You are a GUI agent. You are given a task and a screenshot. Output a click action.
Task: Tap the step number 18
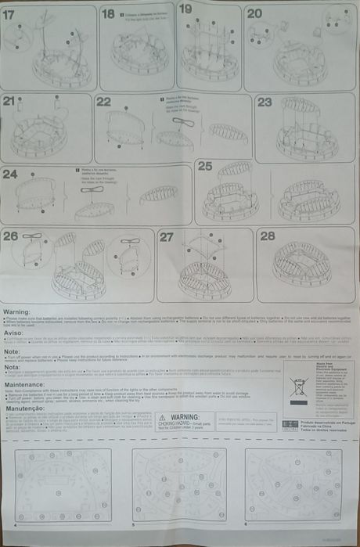point(108,14)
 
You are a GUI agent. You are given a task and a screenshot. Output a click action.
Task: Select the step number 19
point(185,9)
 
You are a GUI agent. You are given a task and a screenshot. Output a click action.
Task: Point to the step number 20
point(255,13)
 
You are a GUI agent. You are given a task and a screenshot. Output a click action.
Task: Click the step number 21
point(10,101)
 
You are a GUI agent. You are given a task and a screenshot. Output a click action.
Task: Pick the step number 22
point(104,102)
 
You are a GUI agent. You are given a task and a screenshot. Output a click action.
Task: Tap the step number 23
point(265,103)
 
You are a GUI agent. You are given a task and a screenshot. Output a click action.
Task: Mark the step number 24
point(11,174)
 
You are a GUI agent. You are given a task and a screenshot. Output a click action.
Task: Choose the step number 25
point(205,166)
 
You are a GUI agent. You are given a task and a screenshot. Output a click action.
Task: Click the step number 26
point(11,236)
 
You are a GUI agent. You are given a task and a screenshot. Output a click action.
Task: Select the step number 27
point(167,236)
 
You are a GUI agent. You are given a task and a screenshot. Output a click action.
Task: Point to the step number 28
point(268,236)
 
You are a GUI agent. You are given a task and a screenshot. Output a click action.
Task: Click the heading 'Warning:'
point(17,311)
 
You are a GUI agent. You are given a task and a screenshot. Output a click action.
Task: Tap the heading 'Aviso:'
point(13,332)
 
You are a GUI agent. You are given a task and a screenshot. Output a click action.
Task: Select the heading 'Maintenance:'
point(23,384)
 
